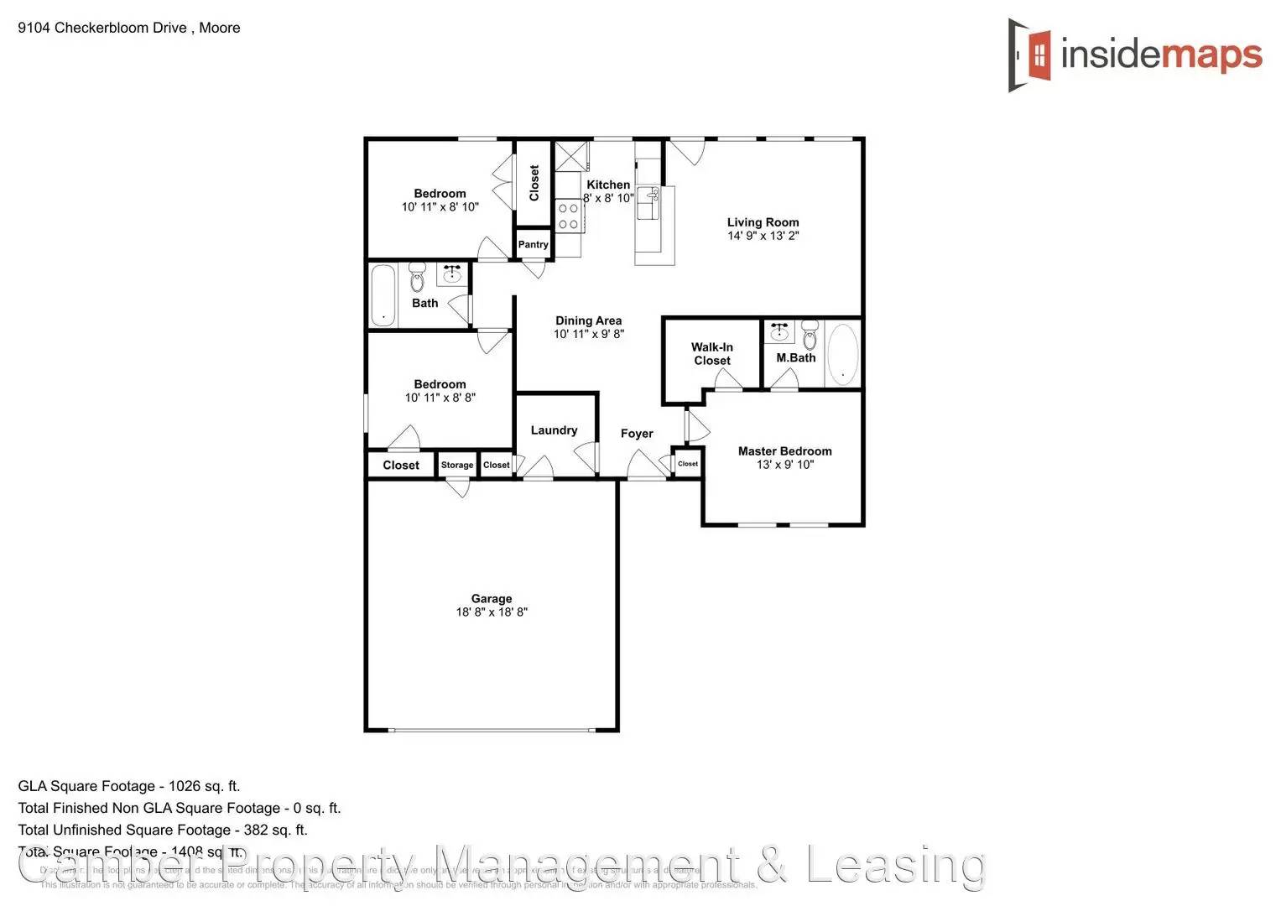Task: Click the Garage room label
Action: tap(491, 598)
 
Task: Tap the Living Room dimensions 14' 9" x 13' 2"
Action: tap(763, 236)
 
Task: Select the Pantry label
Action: tap(533, 244)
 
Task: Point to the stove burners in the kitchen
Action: tap(568, 216)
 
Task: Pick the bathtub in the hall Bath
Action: tap(383, 294)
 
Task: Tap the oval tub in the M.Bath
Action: tap(842, 353)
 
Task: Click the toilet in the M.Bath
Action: tap(810, 334)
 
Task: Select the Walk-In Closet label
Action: tap(711, 353)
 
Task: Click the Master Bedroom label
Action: tap(784, 450)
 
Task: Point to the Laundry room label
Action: tap(554, 430)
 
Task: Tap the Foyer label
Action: tap(637, 433)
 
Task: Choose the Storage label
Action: tap(457, 465)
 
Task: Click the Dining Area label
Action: tap(588, 320)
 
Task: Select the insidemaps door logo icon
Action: tap(1030, 55)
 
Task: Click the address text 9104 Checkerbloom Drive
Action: tap(102, 28)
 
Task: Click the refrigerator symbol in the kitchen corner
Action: tap(572, 157)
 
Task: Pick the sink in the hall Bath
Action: tap(452, 273)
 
